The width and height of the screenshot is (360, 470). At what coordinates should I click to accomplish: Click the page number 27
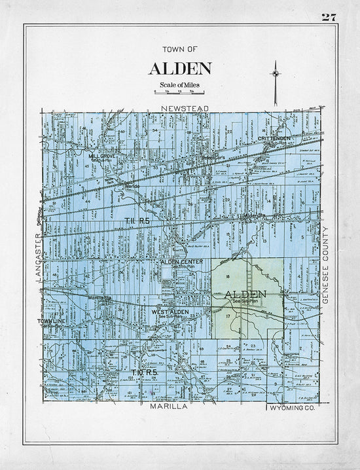coord(328,17)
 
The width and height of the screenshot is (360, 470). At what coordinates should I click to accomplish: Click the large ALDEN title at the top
coord(179,69)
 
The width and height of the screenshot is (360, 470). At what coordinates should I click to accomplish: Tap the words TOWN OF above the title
coord(179,49)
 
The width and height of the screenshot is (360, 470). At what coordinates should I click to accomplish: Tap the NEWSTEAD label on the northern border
coord(185,107)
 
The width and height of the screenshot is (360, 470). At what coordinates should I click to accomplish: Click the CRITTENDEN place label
coord(273,139)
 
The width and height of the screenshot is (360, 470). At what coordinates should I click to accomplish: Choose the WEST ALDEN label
coord(171,312)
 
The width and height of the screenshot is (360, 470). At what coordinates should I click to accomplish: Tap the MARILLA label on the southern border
coord(169,407)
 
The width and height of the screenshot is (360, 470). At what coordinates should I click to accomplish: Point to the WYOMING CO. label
coord(293,407)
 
